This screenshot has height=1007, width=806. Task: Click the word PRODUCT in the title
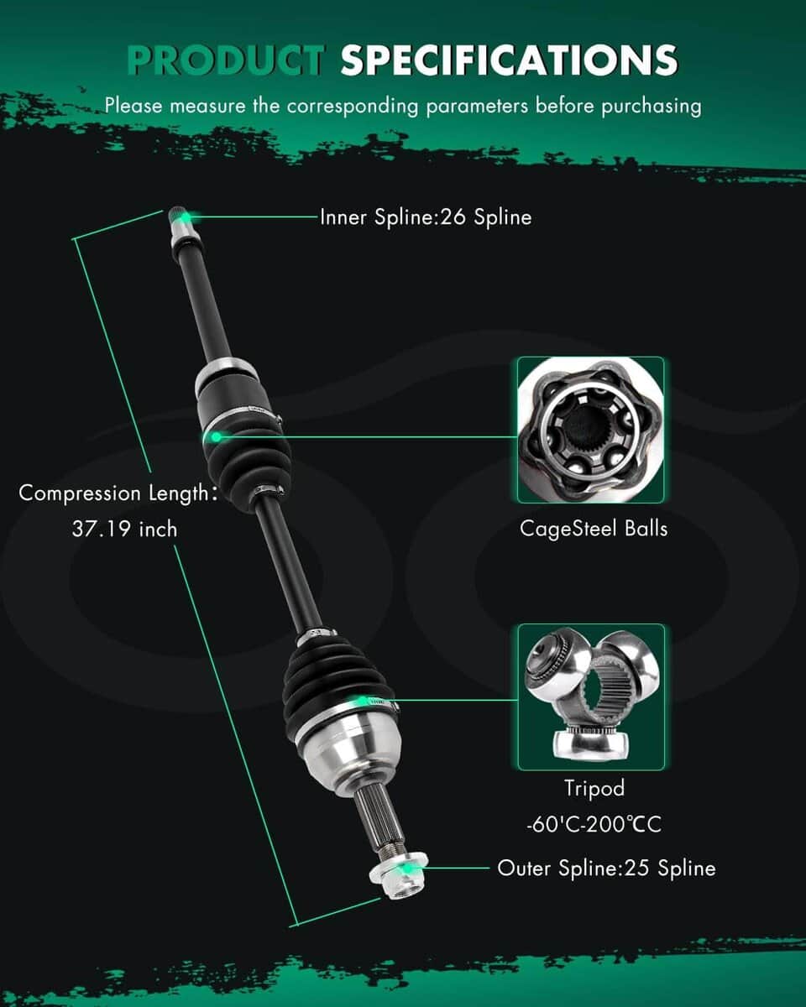tap(225, 60)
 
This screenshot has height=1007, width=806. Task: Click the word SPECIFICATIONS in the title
tap(509, 60)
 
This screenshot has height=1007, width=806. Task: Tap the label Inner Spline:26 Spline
tap(426, 217)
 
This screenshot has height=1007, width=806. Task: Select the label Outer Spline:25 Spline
tap(606, 868)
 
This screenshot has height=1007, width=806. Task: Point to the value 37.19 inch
tap(124, 530)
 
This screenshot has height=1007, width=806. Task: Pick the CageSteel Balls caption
tap(594, 529)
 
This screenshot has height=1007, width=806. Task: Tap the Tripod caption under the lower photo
tap(594, 787)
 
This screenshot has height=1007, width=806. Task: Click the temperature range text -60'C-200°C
tap(594, 824)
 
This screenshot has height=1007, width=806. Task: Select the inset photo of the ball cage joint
tap(590, 430)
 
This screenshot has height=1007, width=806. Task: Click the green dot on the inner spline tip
tap(186, 217)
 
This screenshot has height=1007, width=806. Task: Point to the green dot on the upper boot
tap(216, 437)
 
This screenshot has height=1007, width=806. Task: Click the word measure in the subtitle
tap(207, 107)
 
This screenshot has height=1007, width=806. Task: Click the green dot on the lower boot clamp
tap(362, 700)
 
